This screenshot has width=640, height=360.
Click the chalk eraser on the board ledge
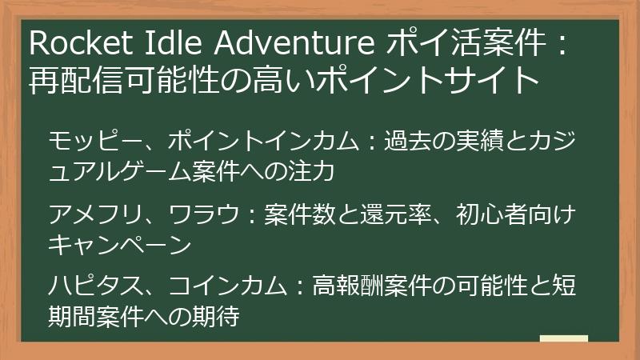point(563,338)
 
